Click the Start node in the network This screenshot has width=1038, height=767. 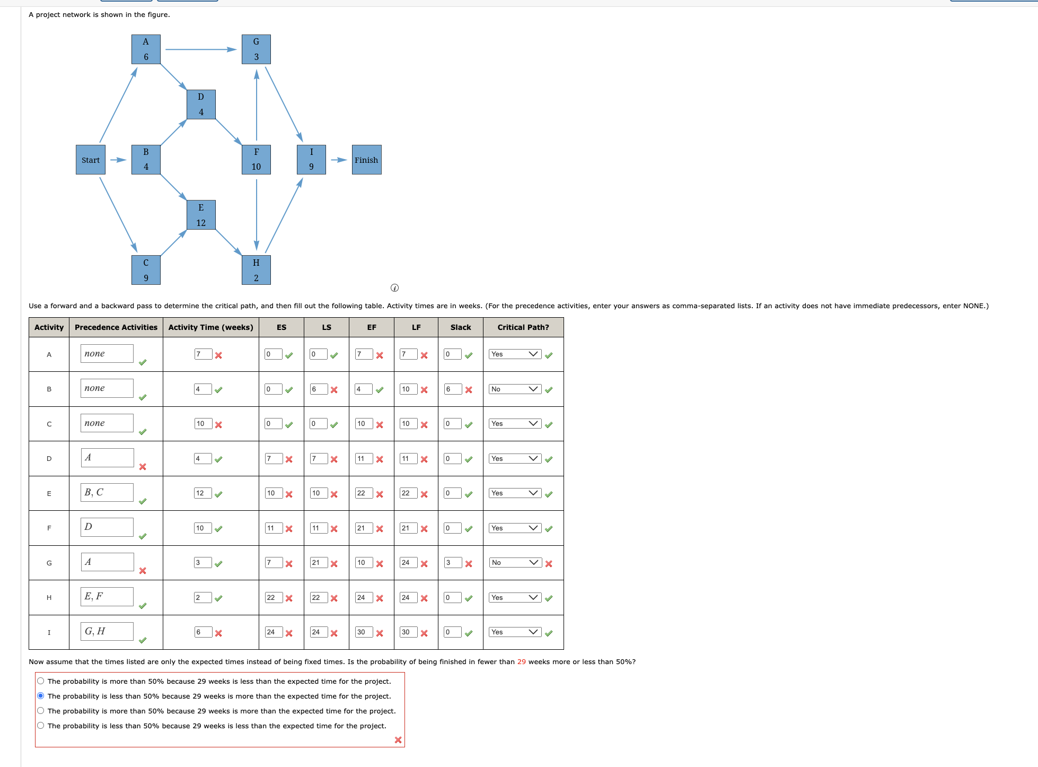[x=90, y=160]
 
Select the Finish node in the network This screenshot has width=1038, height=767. [x=366, y=160]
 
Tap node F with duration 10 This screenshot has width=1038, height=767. [x=256, y=160]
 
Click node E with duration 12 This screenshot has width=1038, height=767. [x=201, y=215]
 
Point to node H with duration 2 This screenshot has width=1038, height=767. [x=256, y=270]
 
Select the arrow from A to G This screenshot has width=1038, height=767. [x=200, y=49]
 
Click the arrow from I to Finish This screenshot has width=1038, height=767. [x=339, y=160]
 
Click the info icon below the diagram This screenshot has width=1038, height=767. [x=394, y=287]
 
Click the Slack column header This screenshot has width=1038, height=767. [x=460, y=327]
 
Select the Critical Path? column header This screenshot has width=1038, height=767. [x=523, y=327]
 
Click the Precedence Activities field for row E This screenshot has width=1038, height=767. [x=107, y=492]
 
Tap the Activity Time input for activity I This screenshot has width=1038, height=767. [x=203, y=632]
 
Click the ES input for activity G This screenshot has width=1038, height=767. [x=274, y=562]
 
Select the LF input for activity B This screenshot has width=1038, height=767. [x=408, y=389]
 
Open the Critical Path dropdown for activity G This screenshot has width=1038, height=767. [x=515, y=562]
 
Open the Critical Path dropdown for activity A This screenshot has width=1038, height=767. [x=515, y=354]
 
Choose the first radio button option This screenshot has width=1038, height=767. [x=41, y=681]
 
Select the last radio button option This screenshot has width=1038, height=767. [x=41, y=726]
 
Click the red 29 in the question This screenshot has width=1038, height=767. [x=522, y=661]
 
